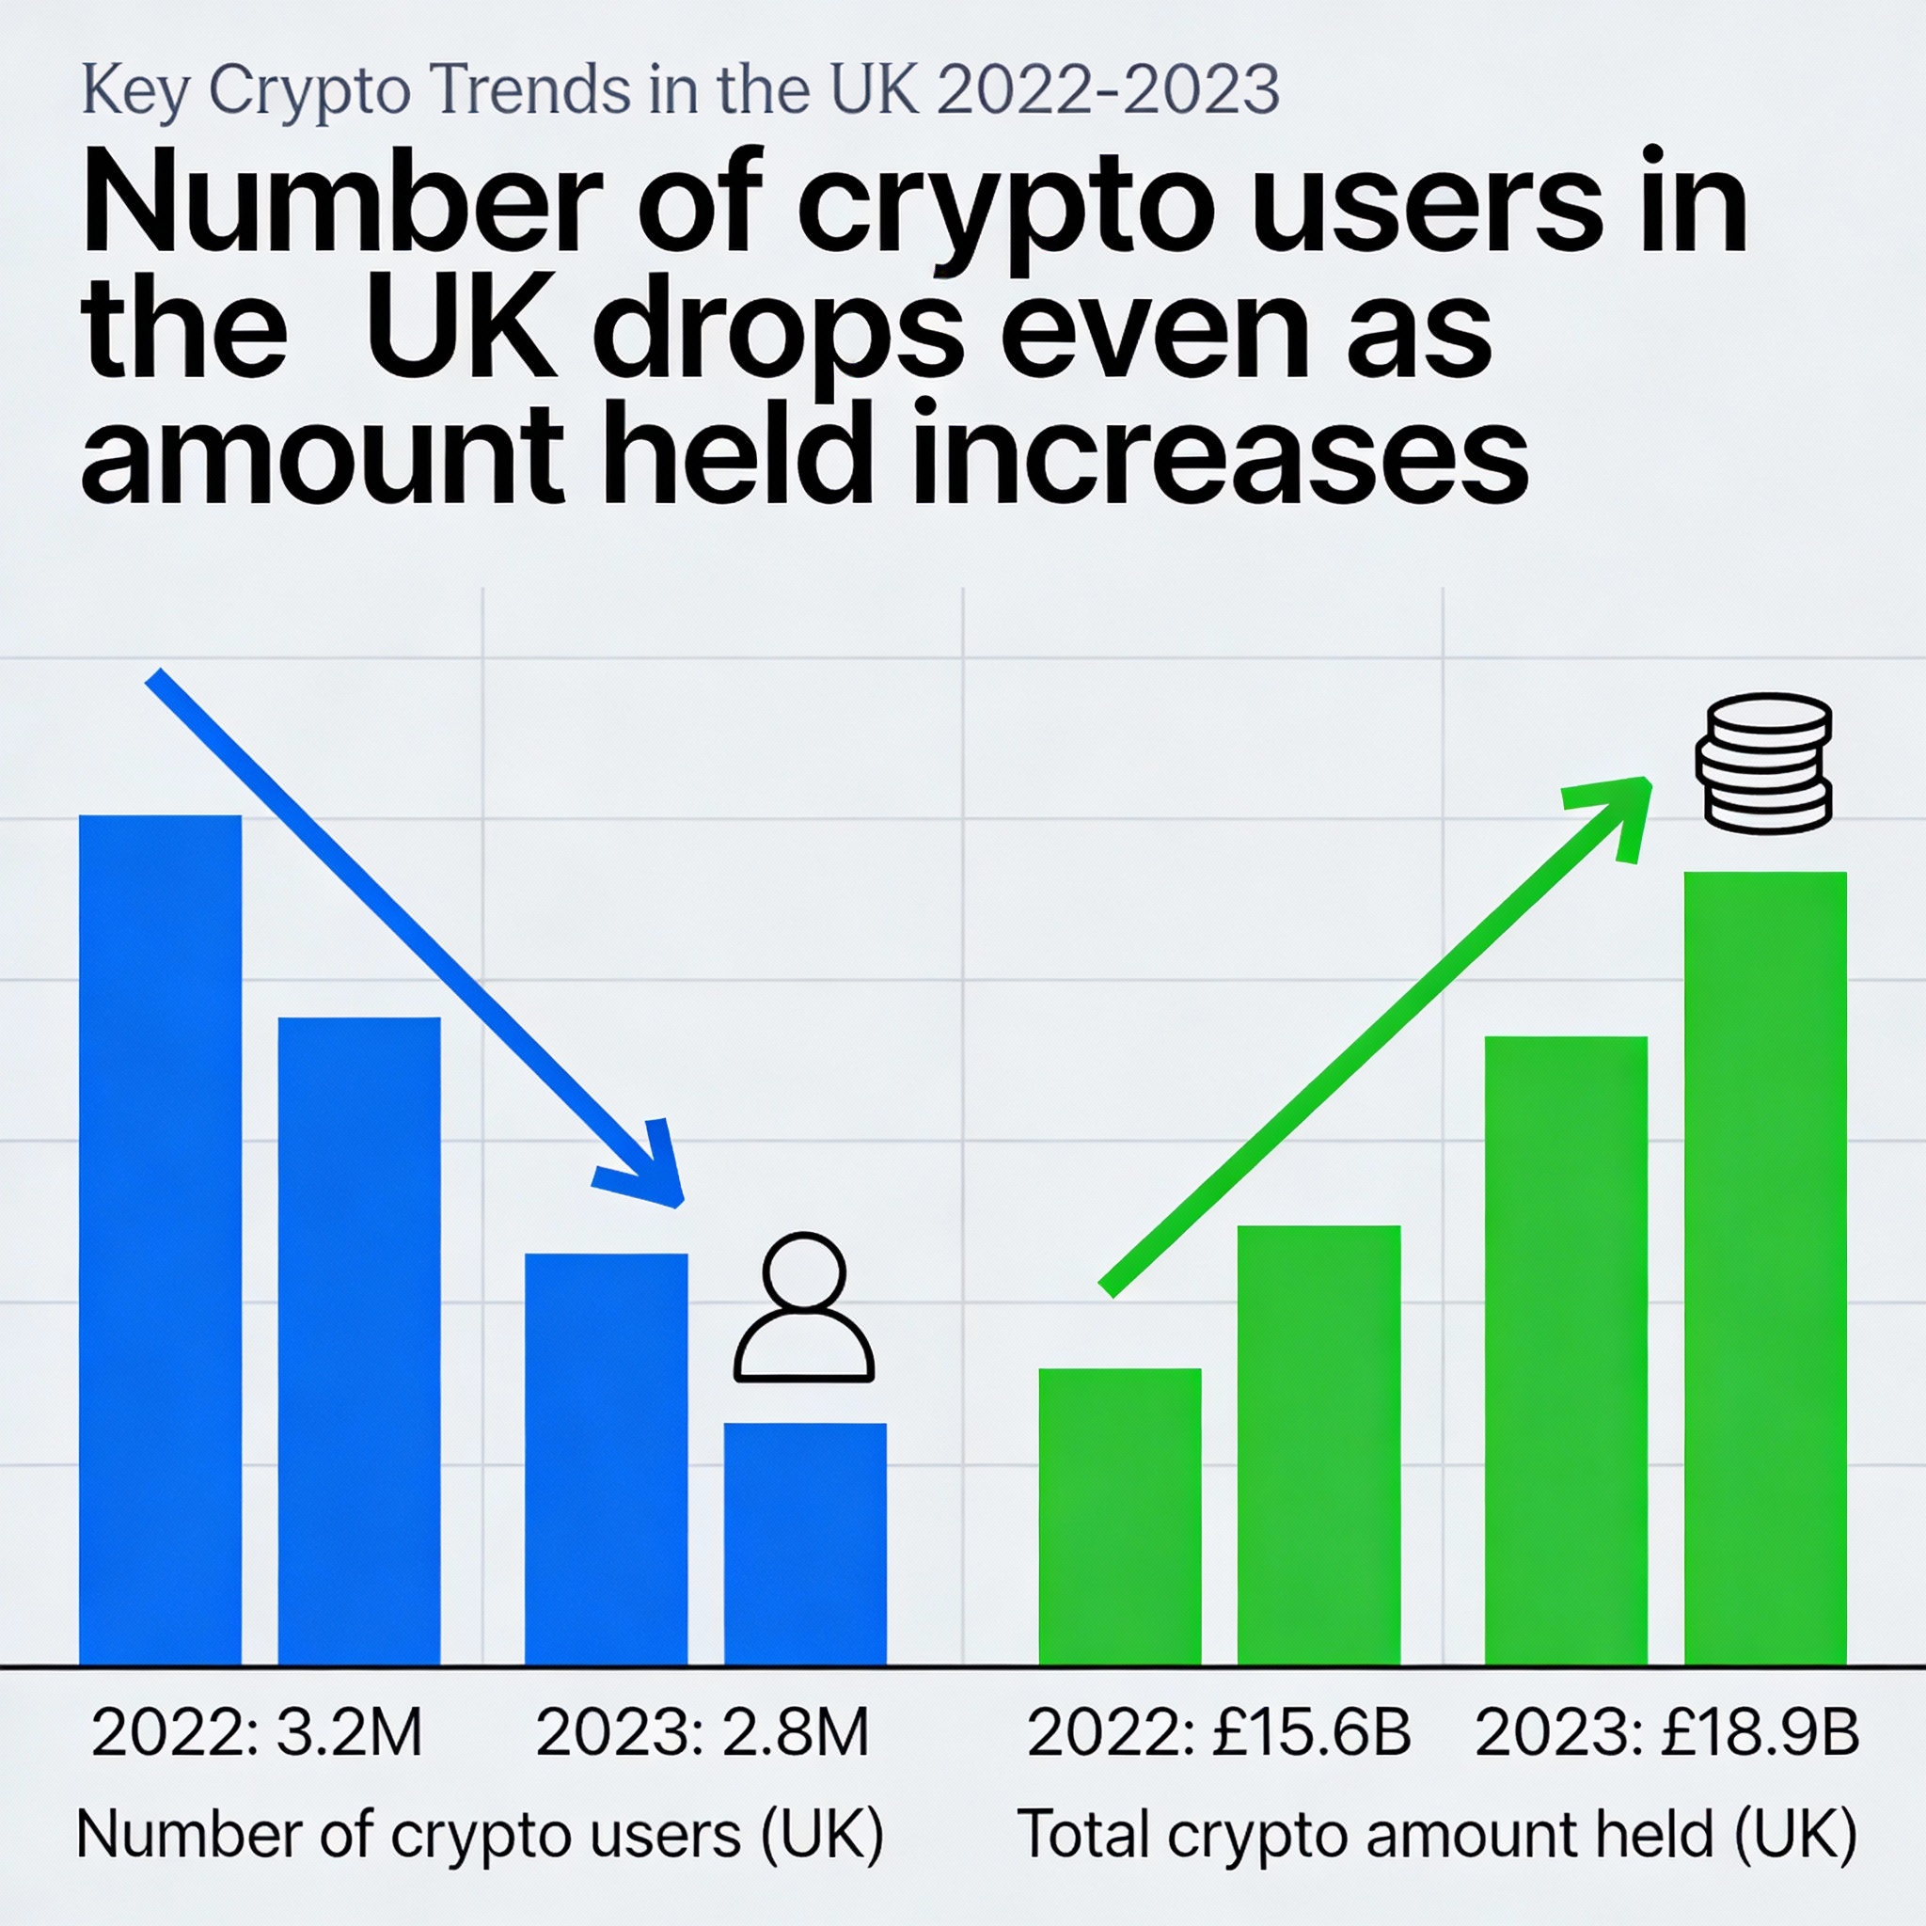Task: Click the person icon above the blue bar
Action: click(803, 1308)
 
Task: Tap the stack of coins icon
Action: click(1763, 764)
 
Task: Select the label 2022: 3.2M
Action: click(257, 1732)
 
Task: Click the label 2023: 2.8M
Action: click(703, 1732)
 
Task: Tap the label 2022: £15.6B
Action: click(1218, 1732)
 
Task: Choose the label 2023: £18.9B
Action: click(1666, 1732)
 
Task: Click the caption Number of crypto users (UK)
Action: click(480, 1834)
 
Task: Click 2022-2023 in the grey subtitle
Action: click(1108, 89)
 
